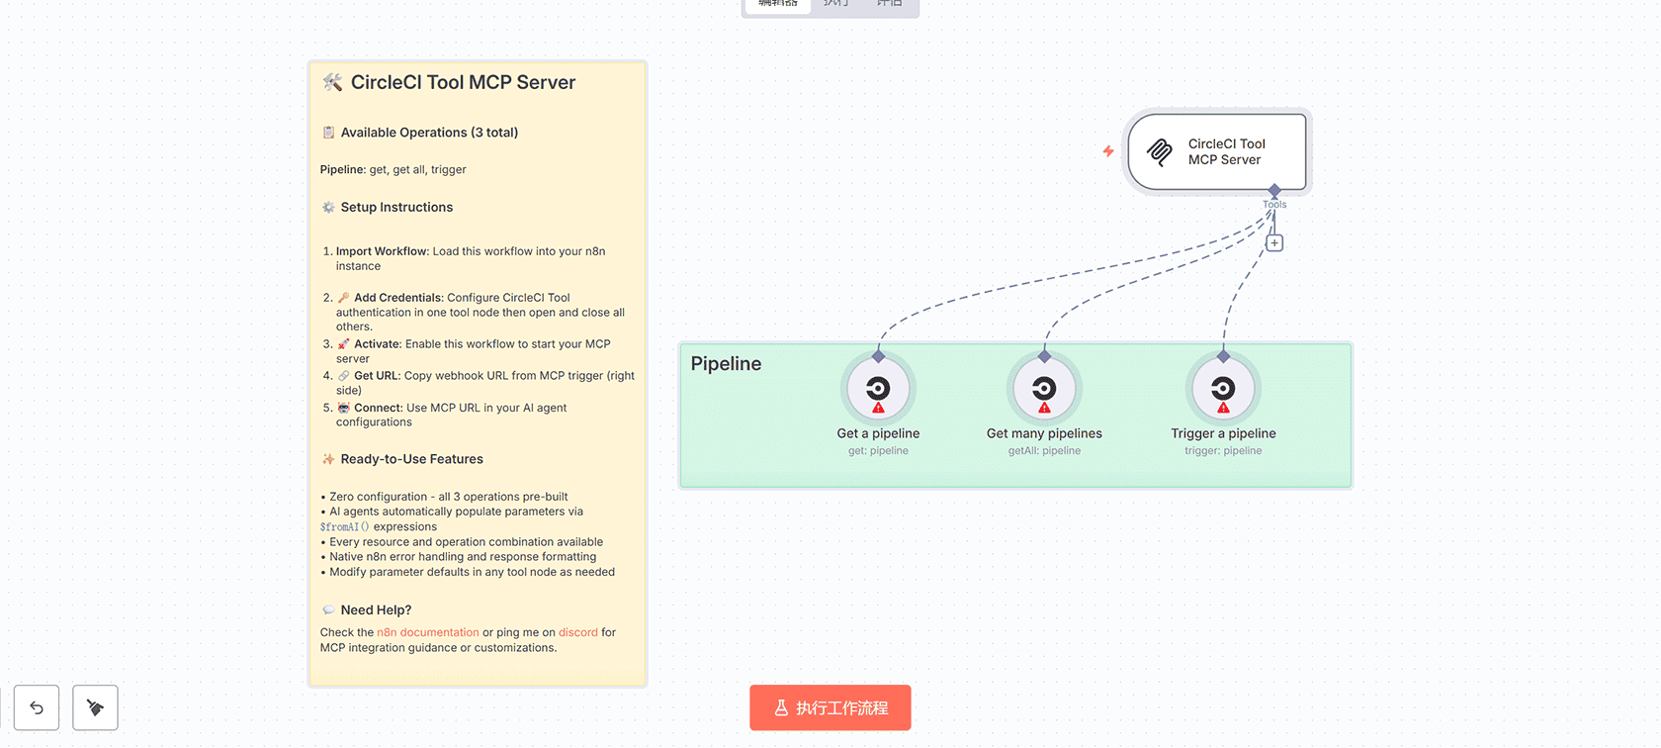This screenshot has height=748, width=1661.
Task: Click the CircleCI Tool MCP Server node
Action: click(1217, 151)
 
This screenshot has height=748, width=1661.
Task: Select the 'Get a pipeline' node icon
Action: click(878, 389)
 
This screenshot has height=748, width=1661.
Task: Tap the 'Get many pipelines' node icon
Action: click(1044, 389)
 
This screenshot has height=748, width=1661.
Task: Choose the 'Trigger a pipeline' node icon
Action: click(1223, 389)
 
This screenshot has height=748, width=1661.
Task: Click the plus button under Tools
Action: click(1274, 242)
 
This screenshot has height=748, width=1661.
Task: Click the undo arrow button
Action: click(37, 707)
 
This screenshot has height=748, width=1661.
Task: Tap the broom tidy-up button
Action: click(95, 707)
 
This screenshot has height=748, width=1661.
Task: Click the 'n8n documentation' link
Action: click(427, 632)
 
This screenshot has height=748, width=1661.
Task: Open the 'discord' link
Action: click(578, 632)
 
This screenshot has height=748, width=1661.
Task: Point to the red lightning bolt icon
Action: click(1108, 151)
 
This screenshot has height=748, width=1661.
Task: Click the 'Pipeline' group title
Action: click(726, 363)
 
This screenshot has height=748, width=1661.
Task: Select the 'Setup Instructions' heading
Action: click(396, 207)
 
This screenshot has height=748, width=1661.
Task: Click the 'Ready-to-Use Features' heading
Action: click(411, 459)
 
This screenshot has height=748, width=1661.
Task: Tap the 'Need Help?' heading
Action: click(376, 610)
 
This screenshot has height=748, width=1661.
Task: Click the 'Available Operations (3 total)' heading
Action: click(429, 133)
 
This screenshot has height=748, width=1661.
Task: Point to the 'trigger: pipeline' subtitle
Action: click(1223, 451)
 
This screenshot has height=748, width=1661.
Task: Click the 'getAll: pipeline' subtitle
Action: click(1044, 451)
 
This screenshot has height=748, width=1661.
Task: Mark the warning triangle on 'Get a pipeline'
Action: click(878, 408)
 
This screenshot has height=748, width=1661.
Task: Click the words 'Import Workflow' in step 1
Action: click(382, 251)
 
